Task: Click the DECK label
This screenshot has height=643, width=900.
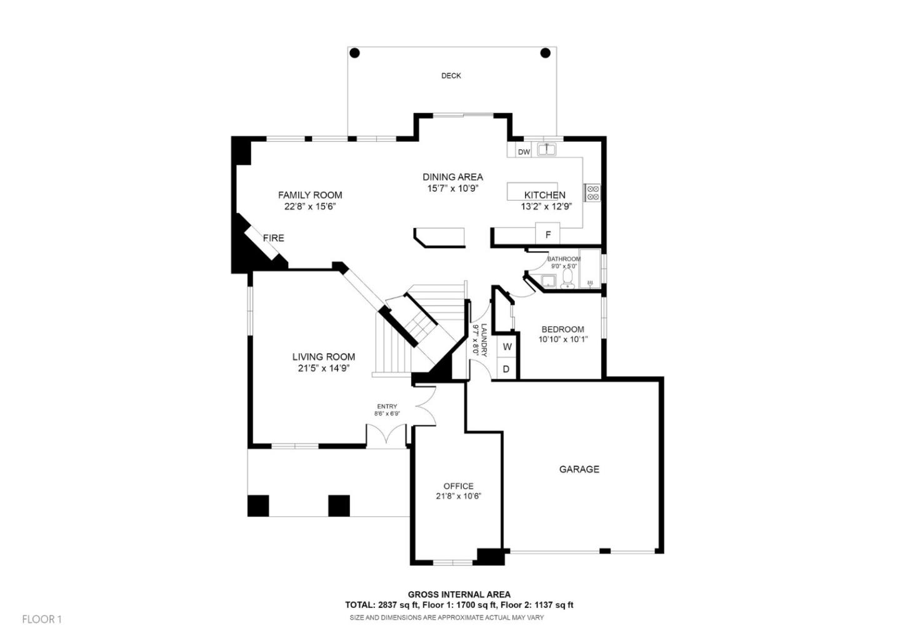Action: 451,76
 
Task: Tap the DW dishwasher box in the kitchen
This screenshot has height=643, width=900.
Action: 524,152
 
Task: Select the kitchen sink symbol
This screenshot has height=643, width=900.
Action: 547,149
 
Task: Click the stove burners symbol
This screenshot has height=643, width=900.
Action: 592,192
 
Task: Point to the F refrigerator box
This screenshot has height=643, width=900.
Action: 548,234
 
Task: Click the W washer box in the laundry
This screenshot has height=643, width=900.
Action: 507,347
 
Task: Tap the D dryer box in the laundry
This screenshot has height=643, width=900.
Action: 506,369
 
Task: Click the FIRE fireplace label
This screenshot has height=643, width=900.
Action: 273,238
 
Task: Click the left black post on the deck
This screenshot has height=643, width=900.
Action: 354,53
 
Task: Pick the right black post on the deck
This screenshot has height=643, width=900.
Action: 545,53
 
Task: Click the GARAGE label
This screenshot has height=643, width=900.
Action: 579,469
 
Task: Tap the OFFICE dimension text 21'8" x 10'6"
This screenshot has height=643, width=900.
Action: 458,496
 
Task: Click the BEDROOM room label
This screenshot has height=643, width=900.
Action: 562,329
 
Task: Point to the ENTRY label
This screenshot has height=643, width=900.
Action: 387,406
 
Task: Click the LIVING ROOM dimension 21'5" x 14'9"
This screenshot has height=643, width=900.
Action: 323,368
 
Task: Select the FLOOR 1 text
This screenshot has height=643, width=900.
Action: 42,619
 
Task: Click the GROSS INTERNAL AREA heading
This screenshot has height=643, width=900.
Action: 459,594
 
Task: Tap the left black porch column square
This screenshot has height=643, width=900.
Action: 258,506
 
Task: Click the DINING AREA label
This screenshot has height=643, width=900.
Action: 452,177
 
